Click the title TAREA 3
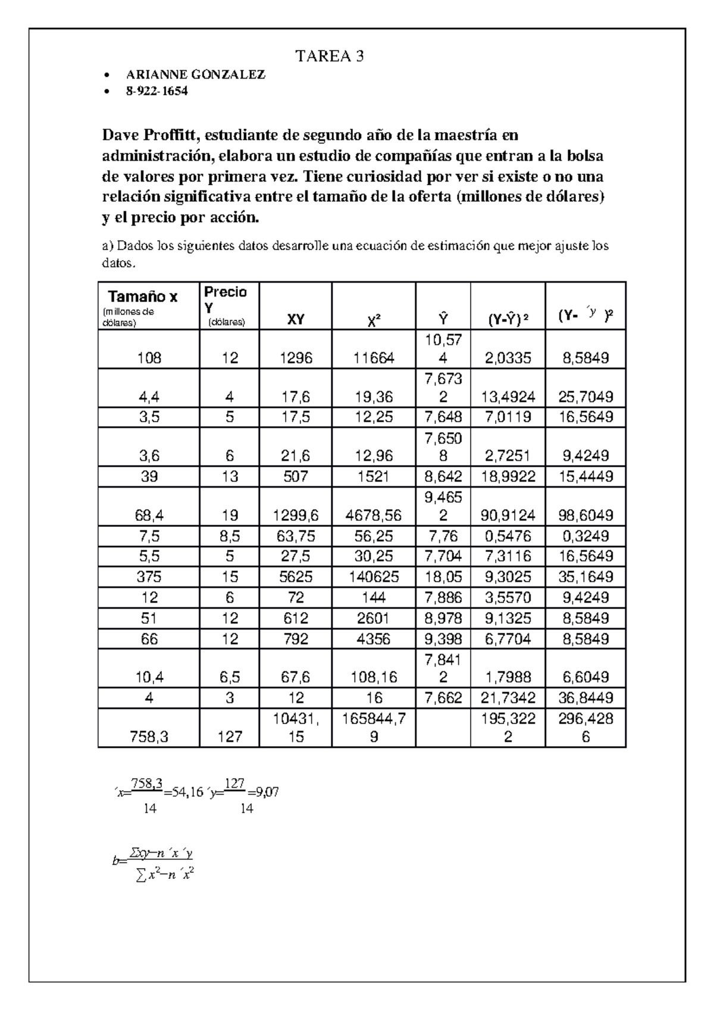click(x=330, y=57)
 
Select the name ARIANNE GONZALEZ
click(x=196, y=75)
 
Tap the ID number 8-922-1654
click(x=156, y=92)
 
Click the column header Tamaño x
click(x=143, y=296)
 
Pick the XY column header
click(x=296, y=319)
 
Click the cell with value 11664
click(x=373, y=358)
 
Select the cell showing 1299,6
click(x=296, y=515)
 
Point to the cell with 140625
click(x=373, y=577)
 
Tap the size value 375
click(x=149, y=577)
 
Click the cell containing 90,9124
click(x=508, y=515)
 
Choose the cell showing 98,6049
click(x=585, y=515)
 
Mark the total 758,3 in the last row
click(x=149, y=737)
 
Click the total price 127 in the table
click(x=230, y=737)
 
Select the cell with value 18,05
click(x=443, y=577)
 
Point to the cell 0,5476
click(x=508, y=536)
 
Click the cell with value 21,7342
click(x=508, y=698)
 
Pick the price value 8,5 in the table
click(x=230, y=536)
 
